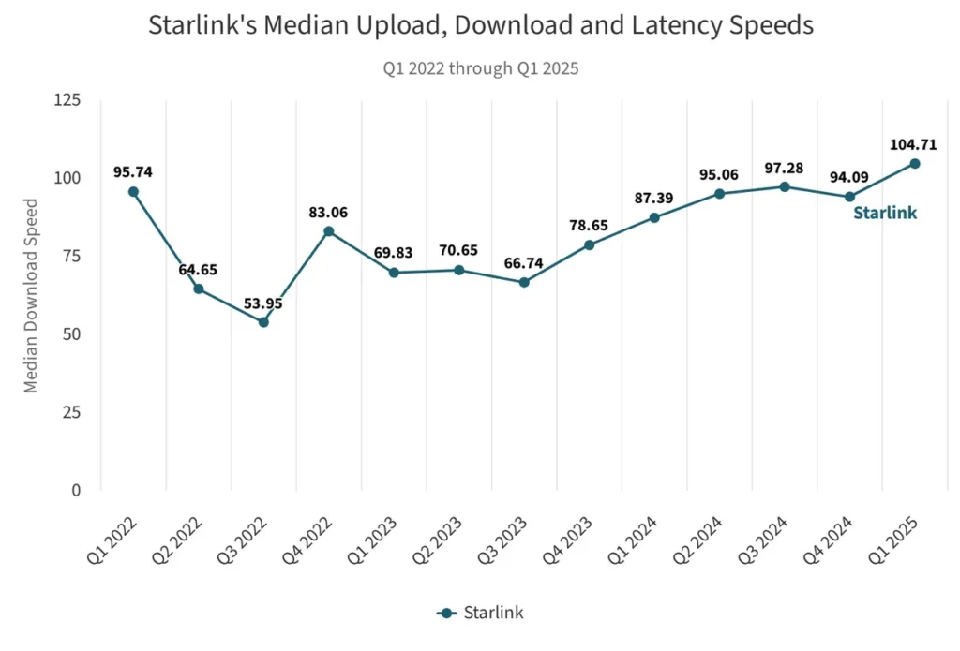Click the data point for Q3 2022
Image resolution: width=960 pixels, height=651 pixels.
(x=263, y=322)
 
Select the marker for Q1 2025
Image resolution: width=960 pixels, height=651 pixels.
(x=915, y=164)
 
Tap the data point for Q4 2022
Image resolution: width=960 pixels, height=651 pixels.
(x=329, y=231)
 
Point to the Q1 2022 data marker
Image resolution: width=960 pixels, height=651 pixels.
(x=133, y=192)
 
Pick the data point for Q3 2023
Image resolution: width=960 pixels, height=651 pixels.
(x=524, y=282)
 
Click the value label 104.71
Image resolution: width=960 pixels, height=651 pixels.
(x=913, y=145)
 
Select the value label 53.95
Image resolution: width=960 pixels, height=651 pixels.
(x=262, y=303)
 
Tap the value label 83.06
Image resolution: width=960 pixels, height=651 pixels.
(x=329, y=213)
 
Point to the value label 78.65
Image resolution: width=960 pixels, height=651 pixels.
(x=590, y=227)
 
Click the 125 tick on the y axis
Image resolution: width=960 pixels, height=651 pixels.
(x=67, y=100)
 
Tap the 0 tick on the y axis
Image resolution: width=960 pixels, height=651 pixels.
(x=75, y=490)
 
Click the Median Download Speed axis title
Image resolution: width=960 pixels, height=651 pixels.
(x=32, y=295)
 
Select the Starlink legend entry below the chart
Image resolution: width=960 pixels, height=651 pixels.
(x=480, y=613)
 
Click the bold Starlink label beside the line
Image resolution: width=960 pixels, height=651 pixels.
(x=885, y=213)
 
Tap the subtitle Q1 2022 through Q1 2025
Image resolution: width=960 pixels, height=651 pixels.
(x=480, y=68)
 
